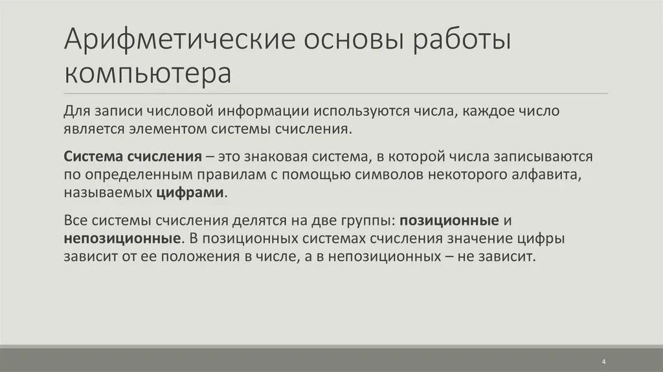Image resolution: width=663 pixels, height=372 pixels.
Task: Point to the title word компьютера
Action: point(148,73)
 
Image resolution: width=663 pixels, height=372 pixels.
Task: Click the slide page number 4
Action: point(603,361)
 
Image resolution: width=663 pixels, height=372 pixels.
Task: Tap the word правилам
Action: point(223,174)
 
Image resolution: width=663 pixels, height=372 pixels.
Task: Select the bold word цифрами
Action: point(190,192)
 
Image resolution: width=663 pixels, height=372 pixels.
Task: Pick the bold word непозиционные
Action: point(122,238)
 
